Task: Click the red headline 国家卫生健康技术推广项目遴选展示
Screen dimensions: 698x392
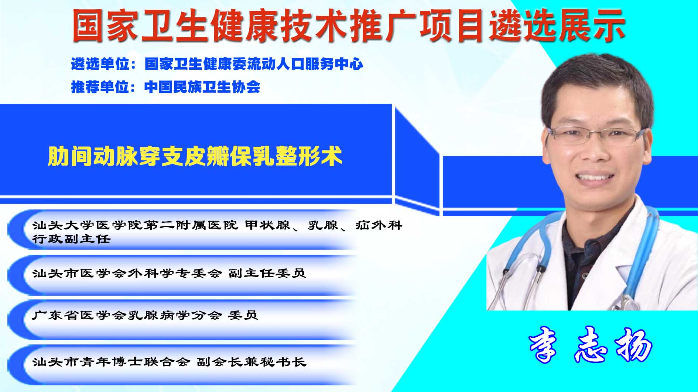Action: [349, 25]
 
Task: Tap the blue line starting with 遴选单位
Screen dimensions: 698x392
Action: [217, 64]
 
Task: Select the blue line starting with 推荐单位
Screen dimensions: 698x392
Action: [165, 87]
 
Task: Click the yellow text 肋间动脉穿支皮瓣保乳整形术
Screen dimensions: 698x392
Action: [195, 156]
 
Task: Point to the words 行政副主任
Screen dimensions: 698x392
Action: [71, 239]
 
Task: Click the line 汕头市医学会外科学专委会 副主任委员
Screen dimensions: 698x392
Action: [169, 273]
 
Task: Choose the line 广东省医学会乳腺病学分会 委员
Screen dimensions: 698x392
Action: [145, 315]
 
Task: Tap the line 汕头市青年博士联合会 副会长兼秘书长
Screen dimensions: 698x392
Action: [169, 362]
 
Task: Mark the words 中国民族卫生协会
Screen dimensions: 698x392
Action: [202, 87]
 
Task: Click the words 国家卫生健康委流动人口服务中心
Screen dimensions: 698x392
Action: [254, 64]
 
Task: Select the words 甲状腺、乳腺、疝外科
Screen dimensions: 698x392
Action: [324, 225]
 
